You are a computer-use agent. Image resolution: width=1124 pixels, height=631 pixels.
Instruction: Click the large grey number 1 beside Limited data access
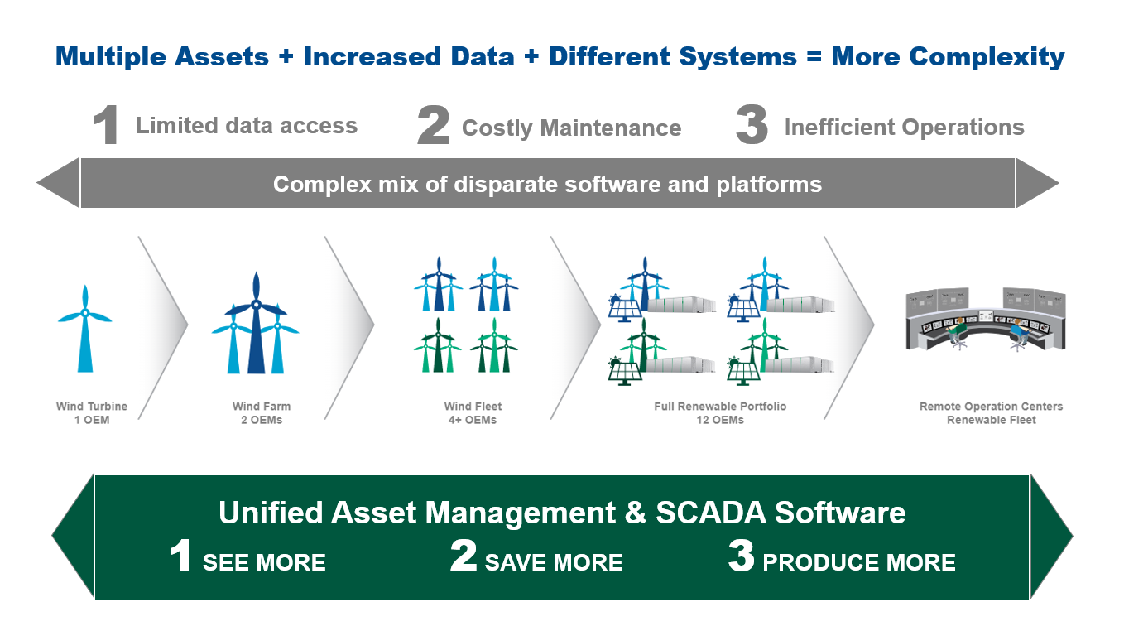[x=106, y=127]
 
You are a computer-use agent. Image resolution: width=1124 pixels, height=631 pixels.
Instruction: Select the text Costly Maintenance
[x=571, y=128]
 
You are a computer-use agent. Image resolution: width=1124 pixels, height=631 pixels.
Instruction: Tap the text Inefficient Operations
[x=904, y=128]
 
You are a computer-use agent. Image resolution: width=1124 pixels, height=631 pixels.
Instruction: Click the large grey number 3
[x=751, y=127]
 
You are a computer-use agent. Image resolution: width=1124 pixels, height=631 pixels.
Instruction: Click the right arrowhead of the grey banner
[x=1035, y=183]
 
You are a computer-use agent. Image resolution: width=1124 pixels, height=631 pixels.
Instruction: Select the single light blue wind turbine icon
[x=85, y=329]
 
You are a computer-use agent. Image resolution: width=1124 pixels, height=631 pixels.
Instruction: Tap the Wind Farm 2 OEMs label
[x=262, y=413]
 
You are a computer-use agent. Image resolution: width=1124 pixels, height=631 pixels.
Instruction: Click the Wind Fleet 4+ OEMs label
[x=473, y=413]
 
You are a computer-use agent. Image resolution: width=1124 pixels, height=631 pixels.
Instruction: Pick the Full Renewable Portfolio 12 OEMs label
[x=720, y=413]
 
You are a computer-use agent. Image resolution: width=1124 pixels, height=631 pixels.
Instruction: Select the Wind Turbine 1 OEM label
[x=92, y=413]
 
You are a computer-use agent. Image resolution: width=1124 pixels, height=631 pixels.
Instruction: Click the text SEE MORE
[x=264, y=563]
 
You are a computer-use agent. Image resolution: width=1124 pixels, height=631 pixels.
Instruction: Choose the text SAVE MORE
[x=554, y=563]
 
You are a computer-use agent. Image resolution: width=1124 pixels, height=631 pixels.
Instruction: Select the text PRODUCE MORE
[x=858, y=563]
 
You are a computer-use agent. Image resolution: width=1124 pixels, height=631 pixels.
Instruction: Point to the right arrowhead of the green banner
[x=1050, y=537]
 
